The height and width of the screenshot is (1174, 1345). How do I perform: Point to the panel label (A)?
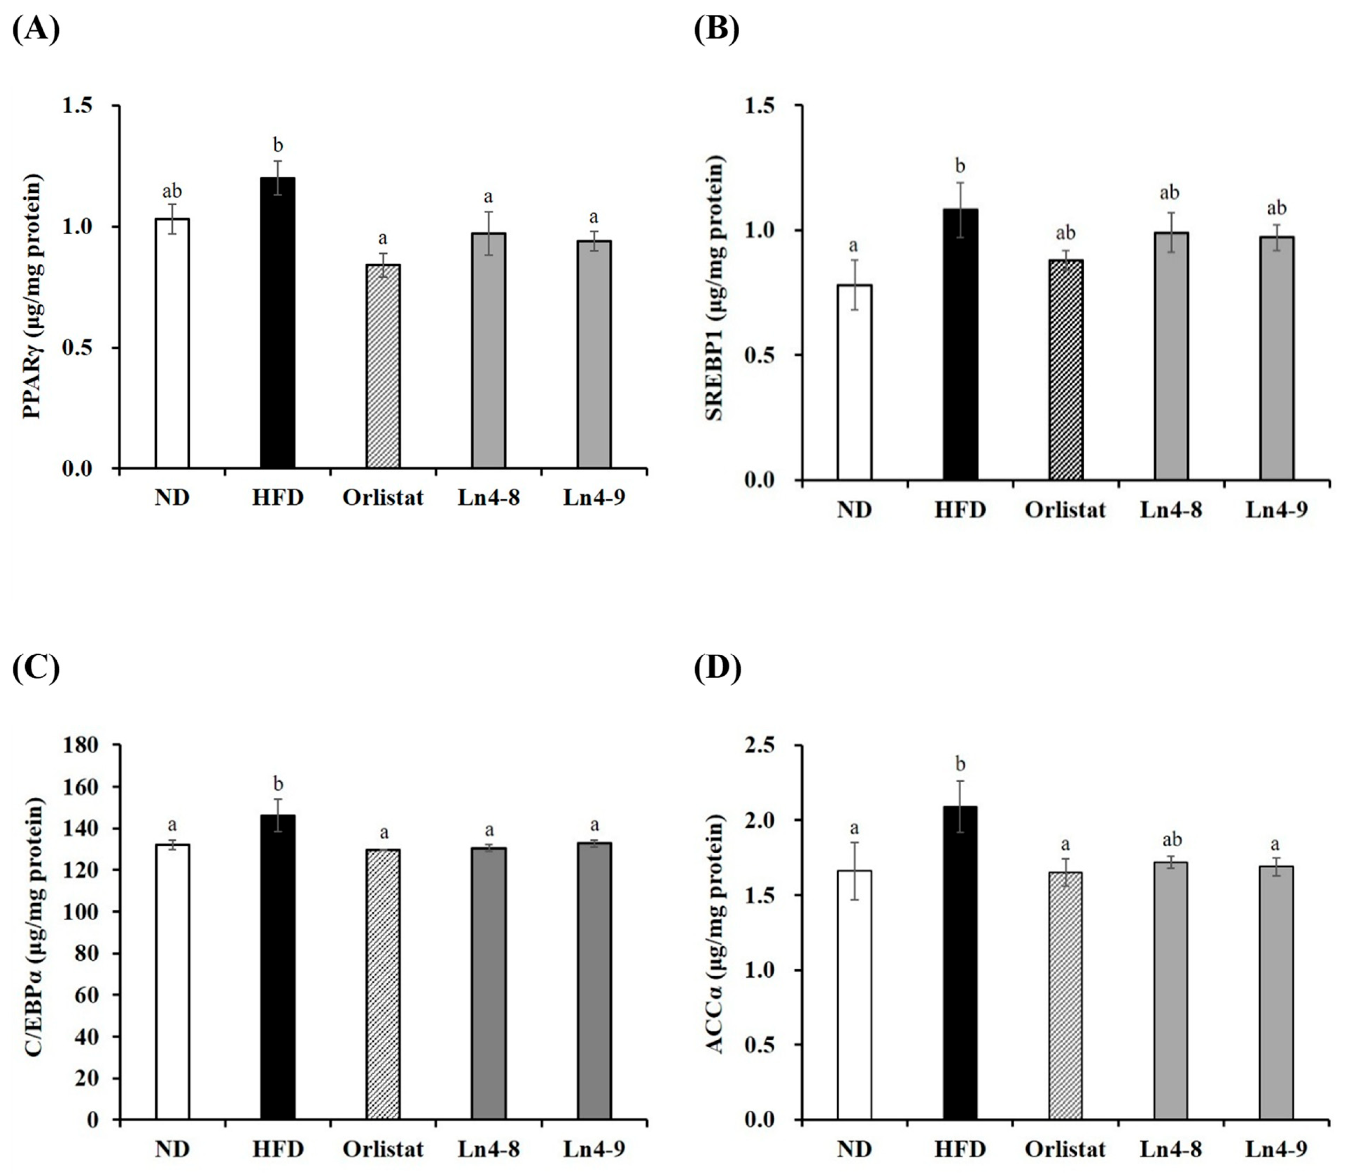(x=36, y=29)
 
